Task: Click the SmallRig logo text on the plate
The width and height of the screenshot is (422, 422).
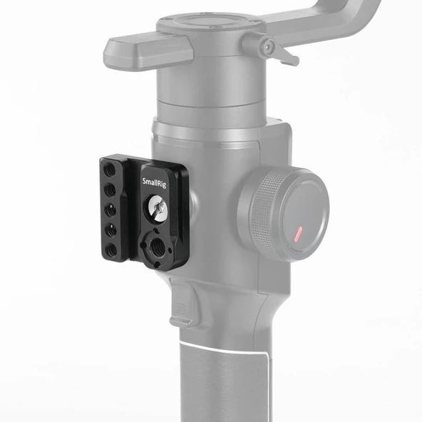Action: coord(157,181)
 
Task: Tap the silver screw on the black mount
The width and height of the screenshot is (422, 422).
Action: coord(158,208)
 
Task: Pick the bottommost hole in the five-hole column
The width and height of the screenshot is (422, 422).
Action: coord(113,250)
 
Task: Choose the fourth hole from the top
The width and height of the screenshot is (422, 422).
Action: coord(112,231)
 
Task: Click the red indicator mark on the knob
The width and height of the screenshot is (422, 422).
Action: coord(297,232)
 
